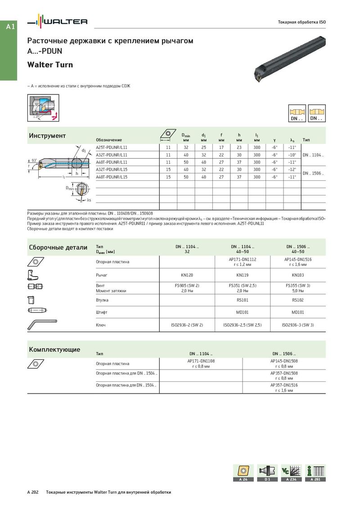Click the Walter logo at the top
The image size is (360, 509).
click(58, 21)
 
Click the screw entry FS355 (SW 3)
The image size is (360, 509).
click(298, 286)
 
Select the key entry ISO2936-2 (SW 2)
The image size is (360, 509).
click(187, 324)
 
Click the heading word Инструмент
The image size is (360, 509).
click(47, 136)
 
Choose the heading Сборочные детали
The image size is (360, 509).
click(58, 247)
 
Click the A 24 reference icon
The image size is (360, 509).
click(243, 473)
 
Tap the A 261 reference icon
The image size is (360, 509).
click(315, 473)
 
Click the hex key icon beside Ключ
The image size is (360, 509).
click(42, 323)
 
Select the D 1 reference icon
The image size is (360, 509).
click(267, 473)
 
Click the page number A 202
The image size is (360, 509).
click(33, 492)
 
